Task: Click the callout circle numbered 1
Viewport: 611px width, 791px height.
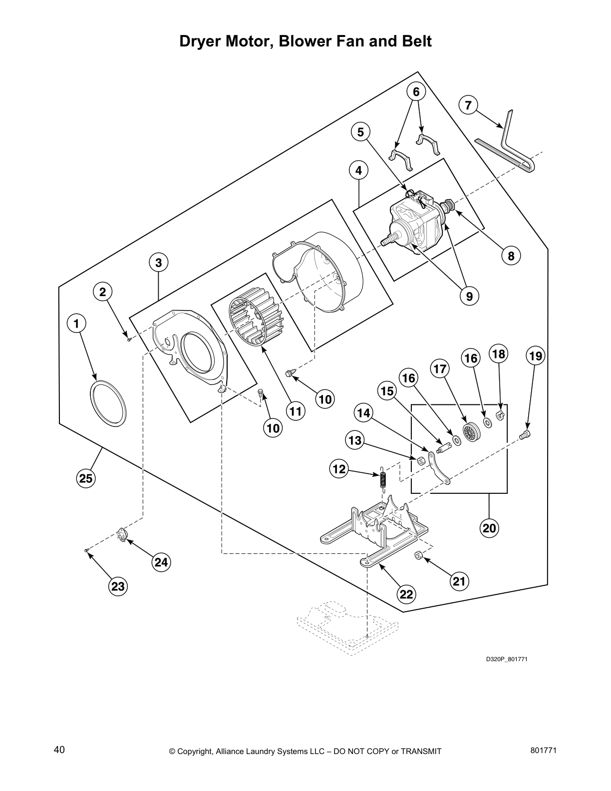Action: (76, 324)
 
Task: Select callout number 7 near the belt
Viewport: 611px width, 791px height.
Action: (468, 105)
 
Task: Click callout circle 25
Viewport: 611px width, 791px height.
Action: (86, 478)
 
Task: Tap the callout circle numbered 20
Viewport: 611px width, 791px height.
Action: (489, 528)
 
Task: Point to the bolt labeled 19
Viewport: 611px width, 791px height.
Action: (525, 435)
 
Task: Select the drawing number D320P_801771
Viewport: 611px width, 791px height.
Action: (507, 659)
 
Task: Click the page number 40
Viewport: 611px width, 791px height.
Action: (59, 750)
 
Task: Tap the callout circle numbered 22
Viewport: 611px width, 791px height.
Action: (406, 594)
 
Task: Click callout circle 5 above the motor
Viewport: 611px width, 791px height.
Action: (360, 132)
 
